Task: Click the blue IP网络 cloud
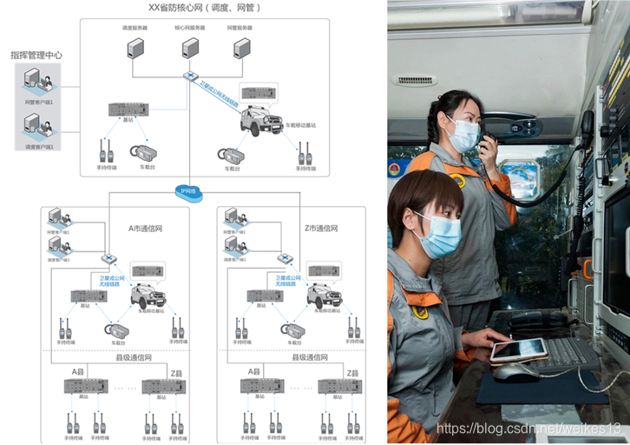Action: [x=186, y=190]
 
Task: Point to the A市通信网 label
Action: [x=146, y=229]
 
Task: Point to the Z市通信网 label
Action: [x=322, y=229]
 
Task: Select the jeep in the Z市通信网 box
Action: [x=324, y=296]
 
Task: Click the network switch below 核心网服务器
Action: [x=187, y=76]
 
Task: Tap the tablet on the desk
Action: [x=518, y=350]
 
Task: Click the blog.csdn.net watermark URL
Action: [x=529, y=428]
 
